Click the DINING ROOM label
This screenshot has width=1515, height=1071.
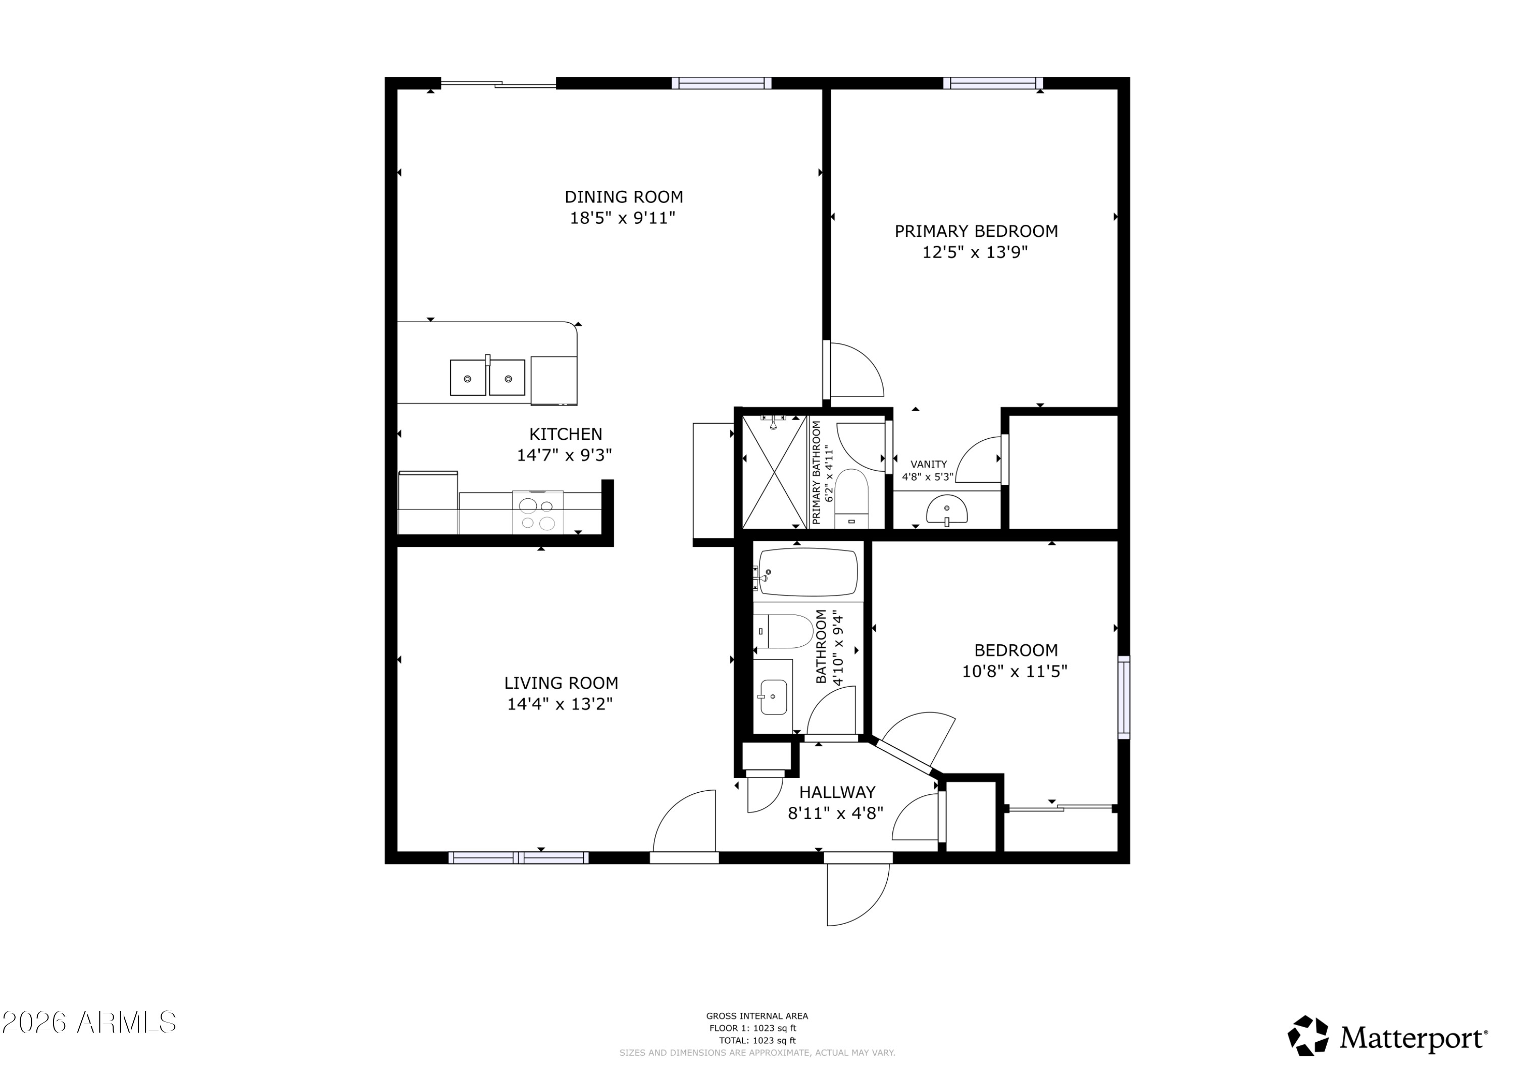[x=624, y=196]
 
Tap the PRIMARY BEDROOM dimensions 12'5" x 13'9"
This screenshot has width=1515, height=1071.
[x=975, y=252]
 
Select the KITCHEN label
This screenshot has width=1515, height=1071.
[x=566, y=434]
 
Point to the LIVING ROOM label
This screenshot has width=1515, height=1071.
[x=561, y=683]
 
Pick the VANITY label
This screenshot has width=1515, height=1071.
[x=928, y=465]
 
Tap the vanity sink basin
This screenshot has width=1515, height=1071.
[x=947, y=510]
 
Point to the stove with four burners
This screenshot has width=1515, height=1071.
[x=538, y=512]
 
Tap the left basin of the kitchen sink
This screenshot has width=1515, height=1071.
[x=468, y=378]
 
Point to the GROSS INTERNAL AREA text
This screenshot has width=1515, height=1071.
[x=757, y=1016]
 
